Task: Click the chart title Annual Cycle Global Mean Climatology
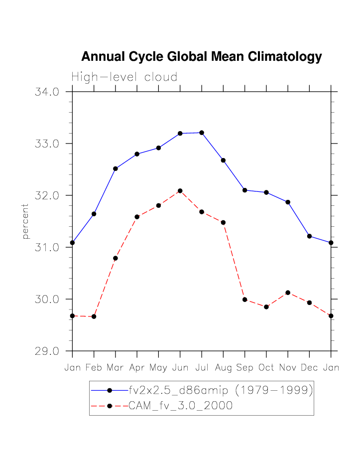pos(201,57)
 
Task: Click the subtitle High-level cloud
pos(124,77)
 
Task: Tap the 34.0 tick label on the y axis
pos(47,92)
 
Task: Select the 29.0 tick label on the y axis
pos(47,351)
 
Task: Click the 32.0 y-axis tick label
pos(47,196)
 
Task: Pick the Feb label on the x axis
pos(94,368)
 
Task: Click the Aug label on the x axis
pos(223,368)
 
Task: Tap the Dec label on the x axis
pos(309,368)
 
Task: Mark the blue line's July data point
pos(202,133)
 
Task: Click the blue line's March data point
pos(116,168)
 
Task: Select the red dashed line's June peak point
pos(180,191)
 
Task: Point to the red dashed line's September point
pos(244,300)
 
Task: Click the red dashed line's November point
pos(288,293)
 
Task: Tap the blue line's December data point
pos(309,236)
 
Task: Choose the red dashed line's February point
pos(94,316)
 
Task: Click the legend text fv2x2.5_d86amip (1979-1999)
pos(221,390)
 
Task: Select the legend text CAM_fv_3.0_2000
pos(181,406)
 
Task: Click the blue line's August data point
pos(223,160)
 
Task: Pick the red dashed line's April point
pos(137,217)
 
